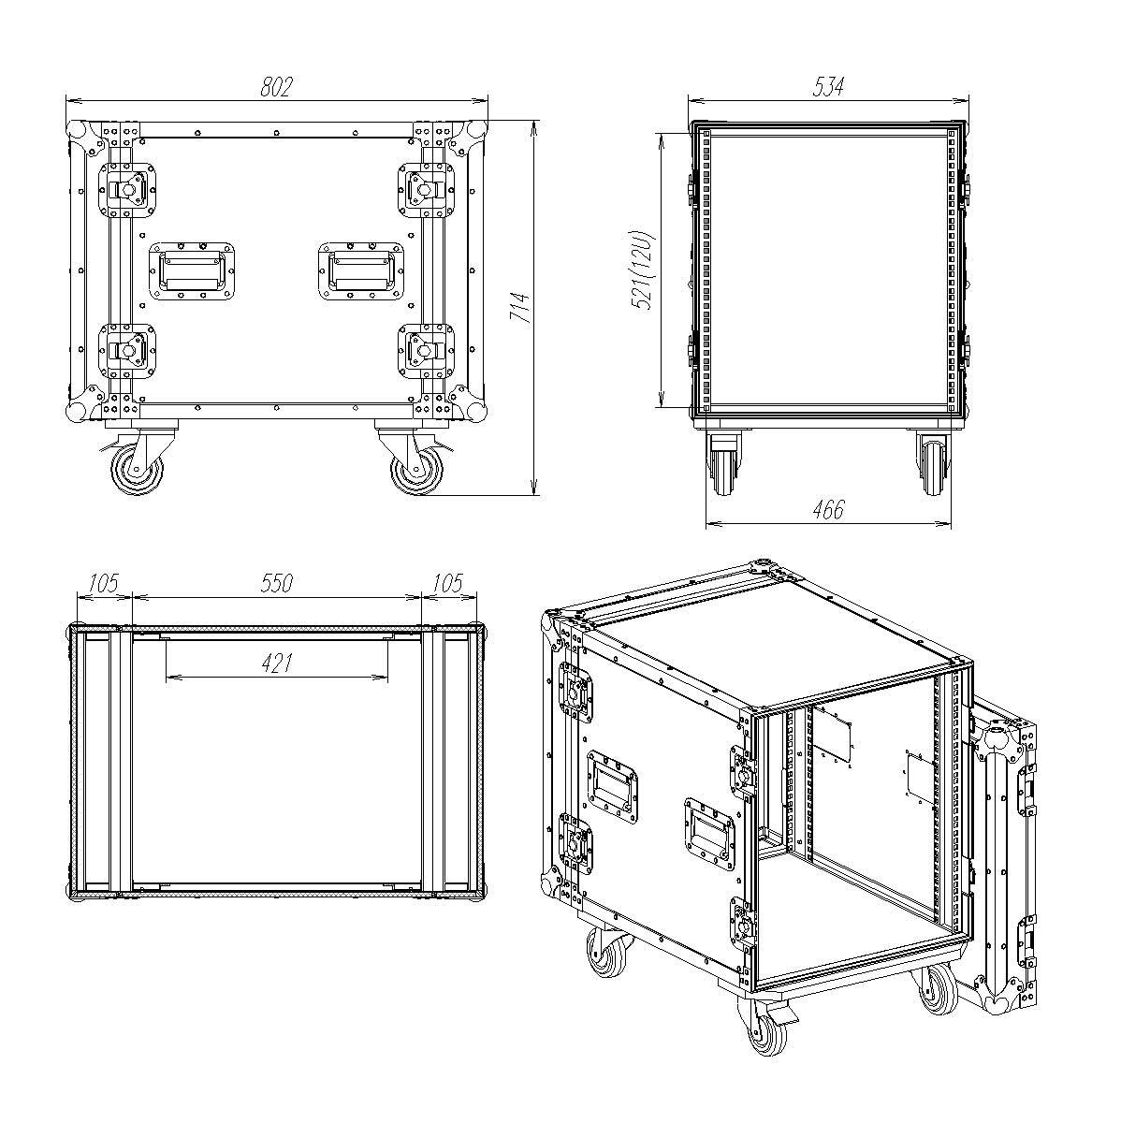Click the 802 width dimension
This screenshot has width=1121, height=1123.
275,87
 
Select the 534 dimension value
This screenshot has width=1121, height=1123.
828,87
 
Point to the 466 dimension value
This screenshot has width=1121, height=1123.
828,510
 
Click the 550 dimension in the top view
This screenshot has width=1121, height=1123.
276,583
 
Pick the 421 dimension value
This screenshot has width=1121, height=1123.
276,664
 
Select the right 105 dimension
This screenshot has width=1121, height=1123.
448,583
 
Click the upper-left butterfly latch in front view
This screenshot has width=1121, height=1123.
127,189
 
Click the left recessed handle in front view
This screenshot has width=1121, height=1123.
192,271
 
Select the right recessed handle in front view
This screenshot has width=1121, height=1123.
361,271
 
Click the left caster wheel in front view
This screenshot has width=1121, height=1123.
138,470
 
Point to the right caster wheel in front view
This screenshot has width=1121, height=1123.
416,470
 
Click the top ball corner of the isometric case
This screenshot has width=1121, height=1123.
763,567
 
